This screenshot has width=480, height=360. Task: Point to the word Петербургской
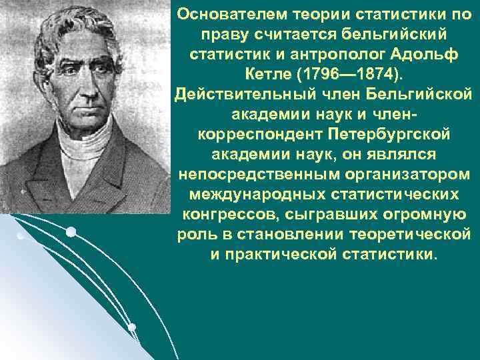pyautogui.click(x=389, y=134)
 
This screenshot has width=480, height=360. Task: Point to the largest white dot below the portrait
pyautogui.click(x=71, y=232)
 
